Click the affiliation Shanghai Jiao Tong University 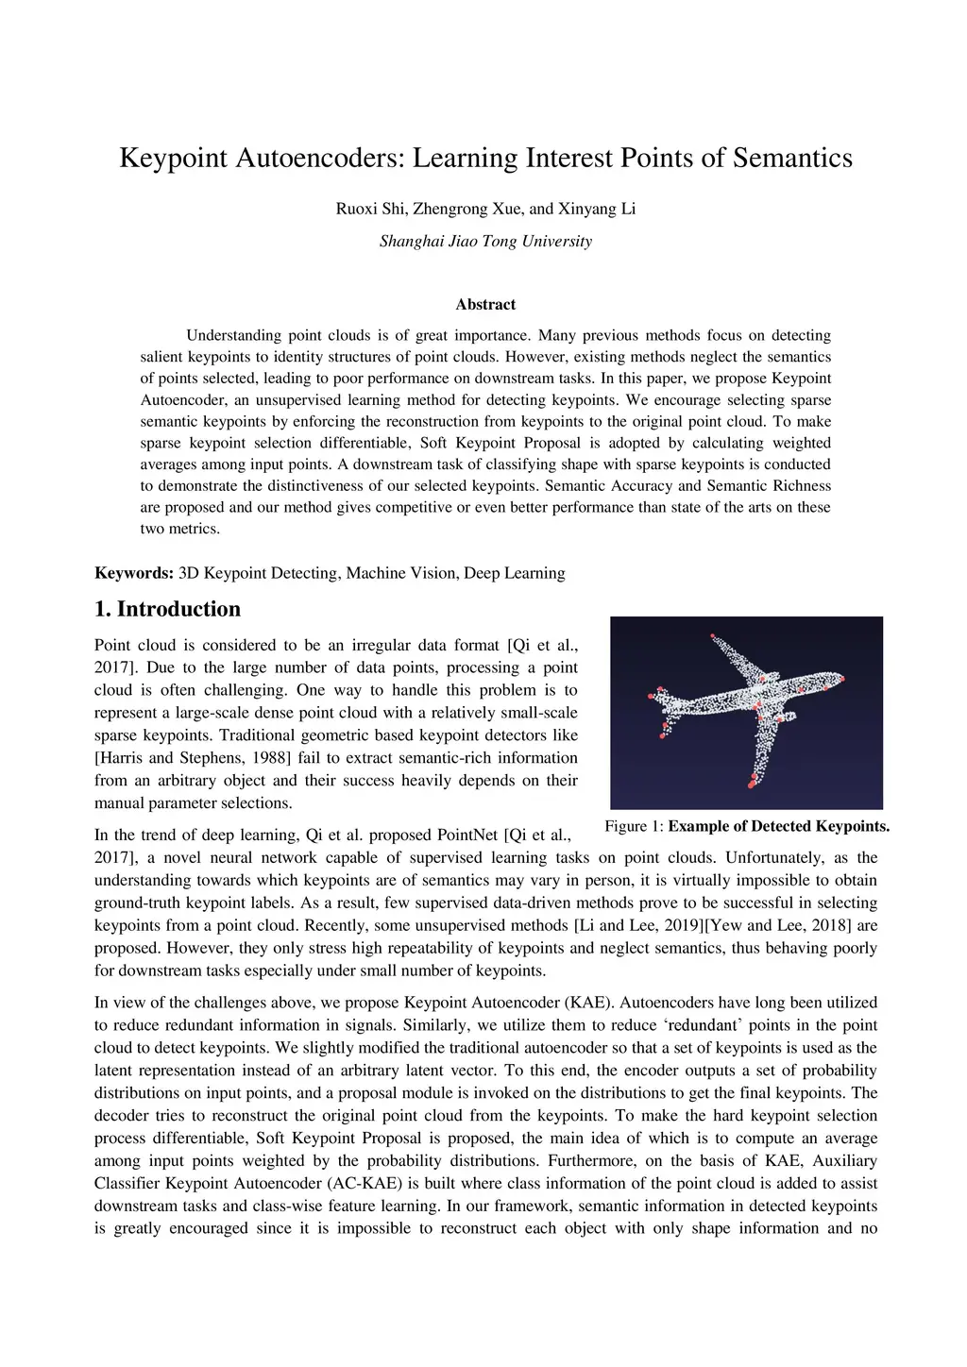485,242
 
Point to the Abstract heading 485,305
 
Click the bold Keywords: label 134,573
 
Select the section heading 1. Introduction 168,609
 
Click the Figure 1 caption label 634,827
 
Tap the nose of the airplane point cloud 840,678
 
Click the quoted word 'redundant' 703,1025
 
